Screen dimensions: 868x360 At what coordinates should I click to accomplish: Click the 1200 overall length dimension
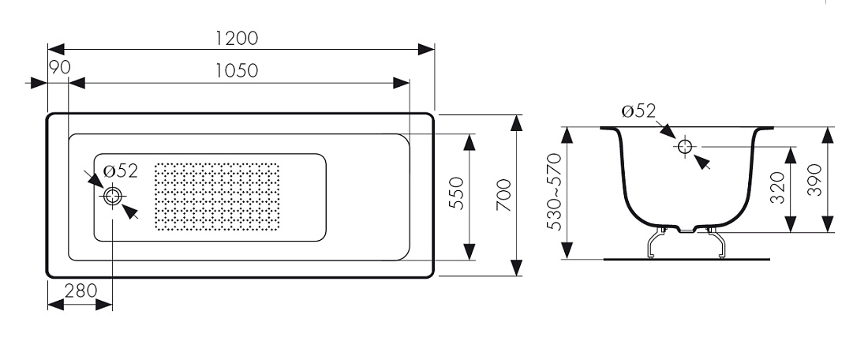pos(237,38)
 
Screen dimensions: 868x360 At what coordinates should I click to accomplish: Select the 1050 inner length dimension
pos(237,71)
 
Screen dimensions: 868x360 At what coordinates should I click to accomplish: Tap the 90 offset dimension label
pos(60,68)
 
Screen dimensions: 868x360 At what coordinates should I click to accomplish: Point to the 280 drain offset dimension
pos(80,291)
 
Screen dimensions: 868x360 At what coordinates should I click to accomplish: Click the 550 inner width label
pos(455,193)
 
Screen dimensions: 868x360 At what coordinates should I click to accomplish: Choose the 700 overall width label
pos(503,195)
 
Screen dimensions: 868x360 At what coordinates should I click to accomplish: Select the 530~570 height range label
pos(554,192)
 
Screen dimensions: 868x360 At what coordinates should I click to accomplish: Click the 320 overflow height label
pos(778,187)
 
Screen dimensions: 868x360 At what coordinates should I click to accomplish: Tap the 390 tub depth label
pos(814,180)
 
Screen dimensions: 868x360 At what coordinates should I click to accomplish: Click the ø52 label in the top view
pos(120,171)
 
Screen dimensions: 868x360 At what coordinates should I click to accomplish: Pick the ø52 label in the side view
pos(638,111)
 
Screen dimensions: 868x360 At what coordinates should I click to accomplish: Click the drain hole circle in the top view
pos(113,196)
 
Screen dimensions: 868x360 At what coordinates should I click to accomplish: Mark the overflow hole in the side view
pos(685,147)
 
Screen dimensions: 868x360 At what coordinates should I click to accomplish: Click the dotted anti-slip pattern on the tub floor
pos(217,197)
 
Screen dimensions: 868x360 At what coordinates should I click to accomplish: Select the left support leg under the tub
pos(656,243)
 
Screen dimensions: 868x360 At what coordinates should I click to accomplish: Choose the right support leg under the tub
pos(716,243)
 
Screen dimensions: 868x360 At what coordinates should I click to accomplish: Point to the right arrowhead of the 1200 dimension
pos(426,49)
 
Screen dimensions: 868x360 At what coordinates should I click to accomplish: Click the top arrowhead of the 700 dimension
pos(517,123)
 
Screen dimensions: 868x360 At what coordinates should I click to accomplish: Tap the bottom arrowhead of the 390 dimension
pos(828,224)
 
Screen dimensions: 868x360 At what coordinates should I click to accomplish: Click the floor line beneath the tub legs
pos(687,259)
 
